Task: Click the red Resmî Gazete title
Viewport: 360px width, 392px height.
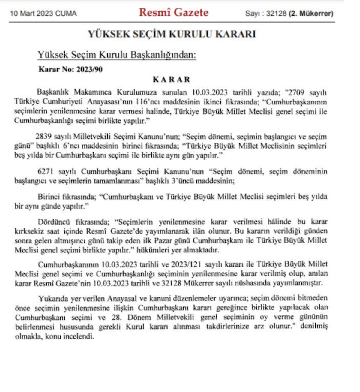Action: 174,12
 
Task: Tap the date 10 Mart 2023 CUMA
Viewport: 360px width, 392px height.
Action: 43,13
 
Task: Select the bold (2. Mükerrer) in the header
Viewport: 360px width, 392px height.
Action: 311,13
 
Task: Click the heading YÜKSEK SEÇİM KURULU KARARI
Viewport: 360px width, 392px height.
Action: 172,34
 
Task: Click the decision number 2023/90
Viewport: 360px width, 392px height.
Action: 89,69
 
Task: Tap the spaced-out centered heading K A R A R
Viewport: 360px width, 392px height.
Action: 172,80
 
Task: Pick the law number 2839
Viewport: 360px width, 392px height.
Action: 43,137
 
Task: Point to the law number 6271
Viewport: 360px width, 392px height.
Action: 45,172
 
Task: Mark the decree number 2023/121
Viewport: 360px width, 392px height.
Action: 186,264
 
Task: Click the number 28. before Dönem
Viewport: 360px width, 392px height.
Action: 117,317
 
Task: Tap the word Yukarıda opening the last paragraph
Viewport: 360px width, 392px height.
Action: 53,299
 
